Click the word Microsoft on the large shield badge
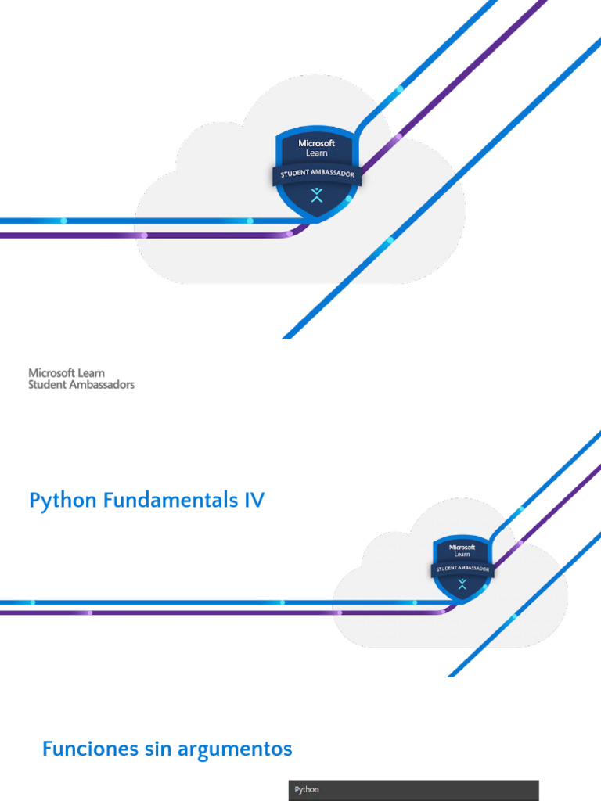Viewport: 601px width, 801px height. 316,143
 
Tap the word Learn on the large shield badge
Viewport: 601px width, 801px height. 316,153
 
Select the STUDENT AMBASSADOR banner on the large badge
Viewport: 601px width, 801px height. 316,174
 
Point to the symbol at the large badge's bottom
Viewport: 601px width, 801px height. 316,196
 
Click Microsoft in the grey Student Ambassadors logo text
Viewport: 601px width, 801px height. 52,373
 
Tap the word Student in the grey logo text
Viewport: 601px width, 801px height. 45,385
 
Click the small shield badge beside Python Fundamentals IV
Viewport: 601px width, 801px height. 462,567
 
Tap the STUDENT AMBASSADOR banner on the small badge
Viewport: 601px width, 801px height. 462,568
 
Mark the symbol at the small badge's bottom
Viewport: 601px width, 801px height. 462,584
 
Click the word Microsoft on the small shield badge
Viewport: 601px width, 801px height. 462,547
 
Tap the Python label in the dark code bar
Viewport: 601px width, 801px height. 307,790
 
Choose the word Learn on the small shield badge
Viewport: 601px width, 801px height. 462,555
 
